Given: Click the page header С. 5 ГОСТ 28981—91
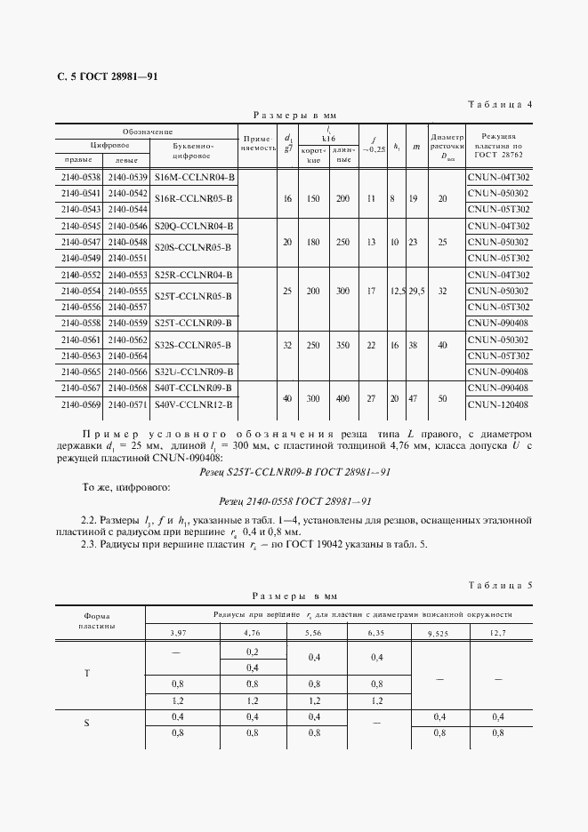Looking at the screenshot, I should [x=107, y=76].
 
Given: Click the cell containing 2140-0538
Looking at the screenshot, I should [x=80, y=176].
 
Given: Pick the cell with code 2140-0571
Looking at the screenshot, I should [x=126, y=404].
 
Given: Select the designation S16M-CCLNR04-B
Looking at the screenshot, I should [x=193, y=176].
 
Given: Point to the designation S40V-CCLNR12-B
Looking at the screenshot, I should [x=193, y=404].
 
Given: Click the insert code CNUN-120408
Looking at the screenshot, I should [x=497, y=404].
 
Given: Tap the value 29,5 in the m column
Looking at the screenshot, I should [x=415, y=291].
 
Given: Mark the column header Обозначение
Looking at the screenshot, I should [x=147, y=131].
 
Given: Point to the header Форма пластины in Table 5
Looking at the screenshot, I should [x=99, y=620].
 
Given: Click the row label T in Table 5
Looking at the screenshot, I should [x=86, y=673].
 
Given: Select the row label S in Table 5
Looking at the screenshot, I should [x=86, y=723].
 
